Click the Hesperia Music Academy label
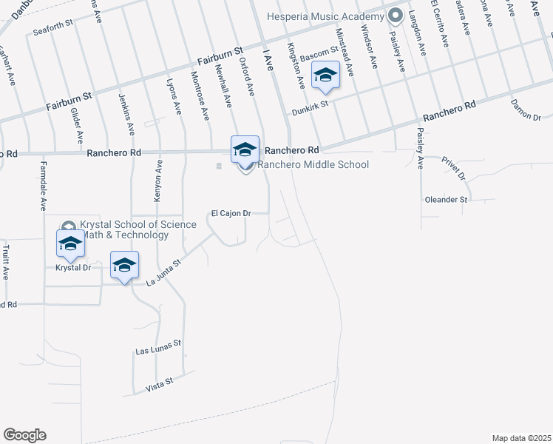(326, 16)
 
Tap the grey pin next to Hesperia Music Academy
(395, 15)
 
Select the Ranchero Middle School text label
(313, 164)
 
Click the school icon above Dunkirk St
(325, 74)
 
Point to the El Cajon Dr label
(231, 213)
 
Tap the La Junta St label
(163, 272)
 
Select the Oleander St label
(447, 200)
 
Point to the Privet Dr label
(452, 168)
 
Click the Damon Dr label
(526, 111)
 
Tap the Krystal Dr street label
(72, 268)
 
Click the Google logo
(24, 435)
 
